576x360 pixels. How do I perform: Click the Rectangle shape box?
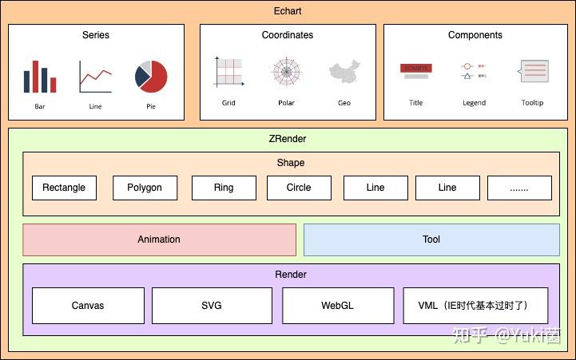[64, 188]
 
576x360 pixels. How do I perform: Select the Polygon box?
[144, 188]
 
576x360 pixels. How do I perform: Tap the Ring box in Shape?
[224, 188]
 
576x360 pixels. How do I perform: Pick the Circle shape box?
[299, 188]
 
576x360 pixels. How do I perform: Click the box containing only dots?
[519, 188]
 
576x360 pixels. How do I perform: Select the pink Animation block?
[159, 239]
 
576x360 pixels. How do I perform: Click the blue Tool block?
[431, 239]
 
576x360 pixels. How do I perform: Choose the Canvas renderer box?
[88, 306]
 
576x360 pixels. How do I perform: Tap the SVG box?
[212, 306]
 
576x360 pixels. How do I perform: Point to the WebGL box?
[338, 306]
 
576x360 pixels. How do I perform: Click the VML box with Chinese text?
[476, 306]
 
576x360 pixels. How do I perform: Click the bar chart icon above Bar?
[40, 77]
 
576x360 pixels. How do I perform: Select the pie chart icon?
[151, 76]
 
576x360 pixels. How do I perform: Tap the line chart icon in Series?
[95, 77]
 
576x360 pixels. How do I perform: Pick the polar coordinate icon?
[286, 72]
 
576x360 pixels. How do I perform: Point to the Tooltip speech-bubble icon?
[533, 72]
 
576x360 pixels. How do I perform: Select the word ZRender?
[288, 139]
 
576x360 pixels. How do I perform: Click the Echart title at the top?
[288, 11]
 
